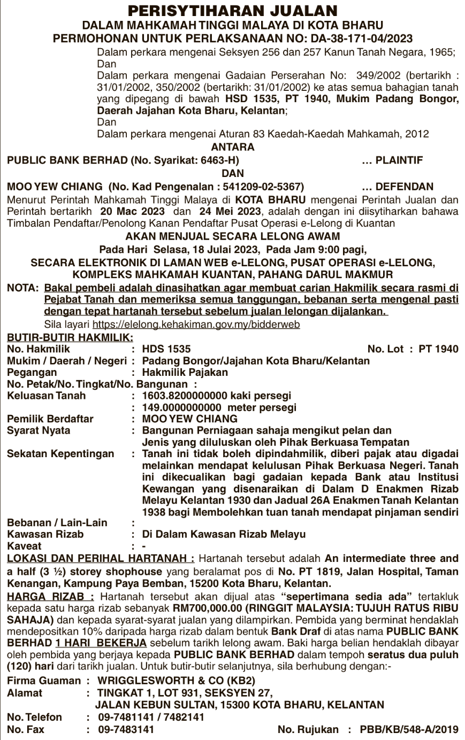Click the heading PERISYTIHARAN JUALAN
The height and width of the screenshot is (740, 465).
coord(233,11)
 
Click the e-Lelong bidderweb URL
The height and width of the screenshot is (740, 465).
coord(196,324)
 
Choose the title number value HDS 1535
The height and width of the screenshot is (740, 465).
coord(166,349)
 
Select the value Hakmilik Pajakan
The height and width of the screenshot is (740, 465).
coord(185,372)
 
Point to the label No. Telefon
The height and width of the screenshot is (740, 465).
coord(34,716)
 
